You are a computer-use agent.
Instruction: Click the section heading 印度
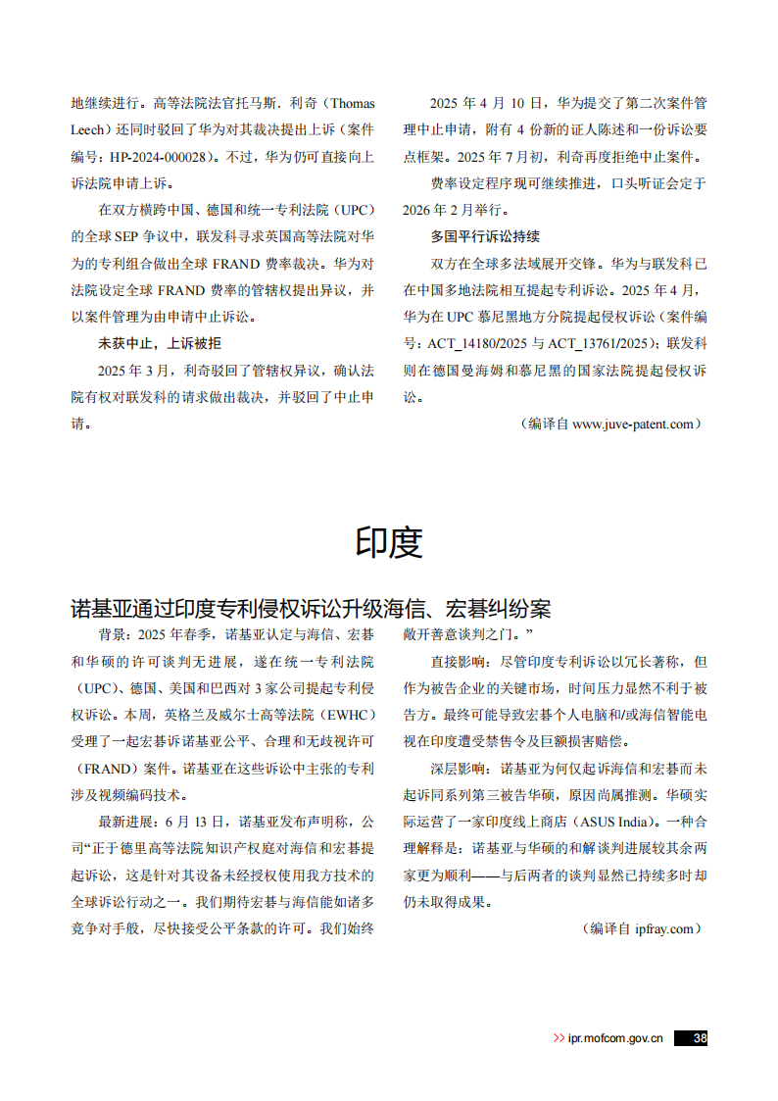(x=389, y=542)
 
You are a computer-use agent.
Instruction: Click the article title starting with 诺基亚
(x=311, y=609)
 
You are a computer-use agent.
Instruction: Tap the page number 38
(x=698, y=1038)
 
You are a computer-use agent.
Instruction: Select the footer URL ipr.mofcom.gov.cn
(x=615, y=1038)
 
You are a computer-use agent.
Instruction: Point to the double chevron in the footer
(x=558, y=1038)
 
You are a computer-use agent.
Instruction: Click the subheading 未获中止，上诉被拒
(x=160, y=343)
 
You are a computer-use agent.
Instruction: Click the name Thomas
(x=351, y=104)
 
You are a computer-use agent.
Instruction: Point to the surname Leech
(x=93, y=130)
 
